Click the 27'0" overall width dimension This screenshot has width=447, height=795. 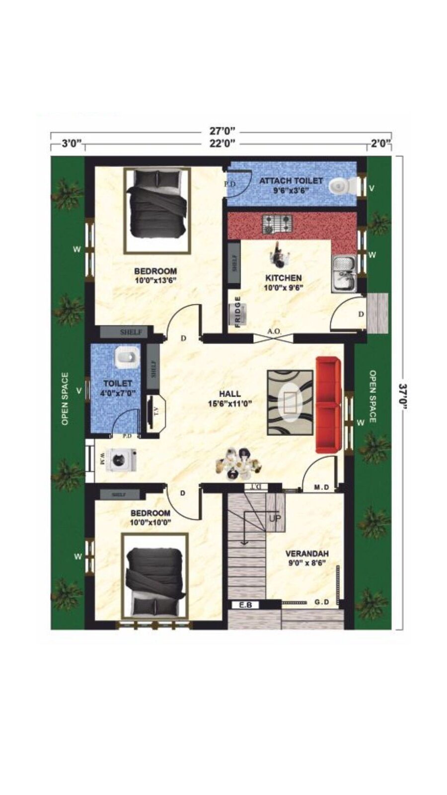point(222,132)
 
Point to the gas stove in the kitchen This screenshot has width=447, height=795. point(277,224)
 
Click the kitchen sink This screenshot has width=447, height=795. point(343,273)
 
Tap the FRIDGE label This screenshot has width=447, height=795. point(238,312)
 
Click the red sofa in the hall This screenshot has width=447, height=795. point(328,405)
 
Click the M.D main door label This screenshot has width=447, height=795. point(321,487)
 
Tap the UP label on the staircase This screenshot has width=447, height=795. point(275,519)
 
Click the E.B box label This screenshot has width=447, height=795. point(245,605)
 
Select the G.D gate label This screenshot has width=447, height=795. point(322,602)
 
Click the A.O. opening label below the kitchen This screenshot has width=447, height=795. point(274,331)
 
